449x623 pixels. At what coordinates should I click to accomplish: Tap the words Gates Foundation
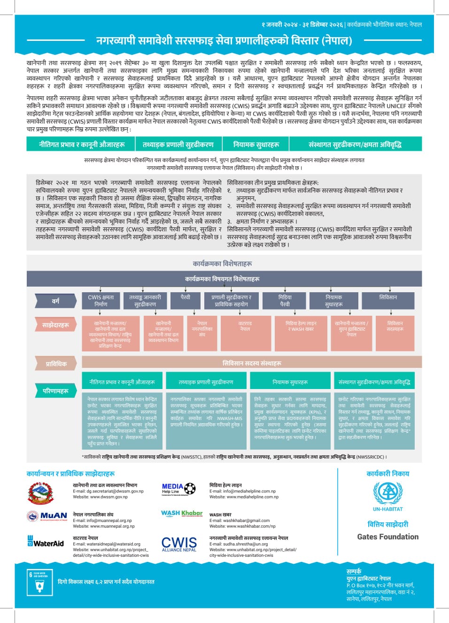(x=387, y=537)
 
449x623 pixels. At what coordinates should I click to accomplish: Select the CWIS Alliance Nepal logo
(x=179, y=544)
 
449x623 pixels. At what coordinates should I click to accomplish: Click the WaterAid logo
(x=46, y=542)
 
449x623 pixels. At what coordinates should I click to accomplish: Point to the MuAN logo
(x=47, y=516)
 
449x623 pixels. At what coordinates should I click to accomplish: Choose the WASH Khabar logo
(x=182, y=514)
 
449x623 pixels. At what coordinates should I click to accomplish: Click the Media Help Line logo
(x=178, y=489)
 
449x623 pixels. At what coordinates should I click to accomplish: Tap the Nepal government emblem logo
(x=41, y=493)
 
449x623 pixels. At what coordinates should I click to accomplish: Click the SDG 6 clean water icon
(x=40, y=582)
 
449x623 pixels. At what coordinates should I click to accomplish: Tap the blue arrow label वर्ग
(x=56, y=301)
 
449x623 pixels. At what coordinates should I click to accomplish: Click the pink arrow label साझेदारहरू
(x=56, y=325)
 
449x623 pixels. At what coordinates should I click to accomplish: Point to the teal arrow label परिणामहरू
(x=56, y=390)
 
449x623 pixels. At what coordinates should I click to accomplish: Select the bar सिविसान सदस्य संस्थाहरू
(x=252, y=363)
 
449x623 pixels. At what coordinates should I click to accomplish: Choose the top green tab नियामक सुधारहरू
(x=256, y=144)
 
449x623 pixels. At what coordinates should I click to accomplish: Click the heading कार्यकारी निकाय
(x=387, y=474)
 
